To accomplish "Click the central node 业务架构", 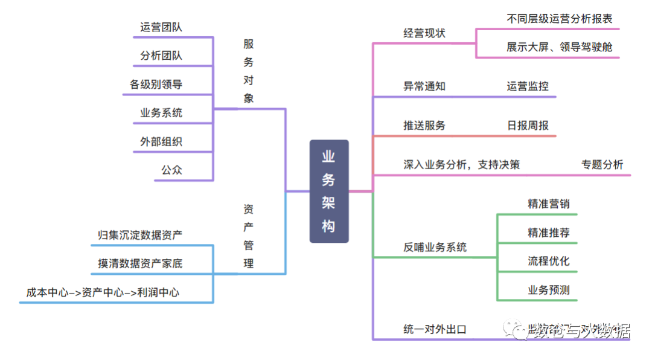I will (329, 191).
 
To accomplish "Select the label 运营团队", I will (161, 27).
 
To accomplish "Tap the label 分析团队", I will (161, 56).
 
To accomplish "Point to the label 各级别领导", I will (156, 85).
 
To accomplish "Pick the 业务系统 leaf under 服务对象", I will (161, 113).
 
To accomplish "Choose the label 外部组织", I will (161, 142).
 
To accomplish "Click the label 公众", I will (171, 170).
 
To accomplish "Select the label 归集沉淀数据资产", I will (140, 235).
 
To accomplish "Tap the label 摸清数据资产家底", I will (140, 263).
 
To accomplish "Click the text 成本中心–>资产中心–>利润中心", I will (103, 292).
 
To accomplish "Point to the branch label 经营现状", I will (424, 33).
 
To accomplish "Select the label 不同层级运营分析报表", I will (560, 19).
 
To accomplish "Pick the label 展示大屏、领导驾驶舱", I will (560, 47).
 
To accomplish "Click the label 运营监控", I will (528, 86).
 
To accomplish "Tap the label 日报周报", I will (528, 126).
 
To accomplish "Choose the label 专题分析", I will (602, 164).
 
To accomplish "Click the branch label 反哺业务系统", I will (435, 248).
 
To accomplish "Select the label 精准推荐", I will (548, 233).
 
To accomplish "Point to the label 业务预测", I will (548, 290).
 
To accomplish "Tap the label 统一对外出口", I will (435, 329).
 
